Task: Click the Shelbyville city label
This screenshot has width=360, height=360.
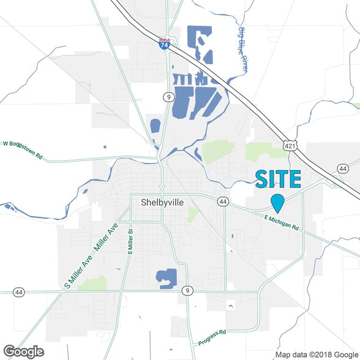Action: pos(162,202)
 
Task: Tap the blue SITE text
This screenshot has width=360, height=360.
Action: pos(278,179)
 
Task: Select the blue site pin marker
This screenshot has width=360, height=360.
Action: pos(278,202)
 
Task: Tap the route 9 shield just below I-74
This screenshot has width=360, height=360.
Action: pos(167,97)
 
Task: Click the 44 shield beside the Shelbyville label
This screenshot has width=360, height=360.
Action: pos(222,201)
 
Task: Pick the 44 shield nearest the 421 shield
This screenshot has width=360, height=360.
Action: pos(342,168)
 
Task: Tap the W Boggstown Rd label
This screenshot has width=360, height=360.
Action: pos(23,149)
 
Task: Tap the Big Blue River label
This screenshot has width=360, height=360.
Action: pos(242,50)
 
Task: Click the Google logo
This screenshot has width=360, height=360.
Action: pos(23,351)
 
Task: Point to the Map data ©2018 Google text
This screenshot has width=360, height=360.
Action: pos(316,354)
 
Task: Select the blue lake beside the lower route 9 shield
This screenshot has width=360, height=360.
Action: pos(165,277)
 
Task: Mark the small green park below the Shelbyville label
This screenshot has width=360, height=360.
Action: pos(193,214)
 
